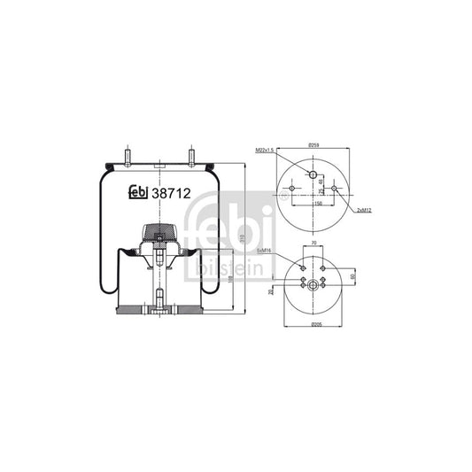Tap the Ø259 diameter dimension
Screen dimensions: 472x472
coord(313,145)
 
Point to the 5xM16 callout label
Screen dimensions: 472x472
coord(263,251)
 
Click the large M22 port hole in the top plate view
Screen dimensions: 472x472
coord(313,172)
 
